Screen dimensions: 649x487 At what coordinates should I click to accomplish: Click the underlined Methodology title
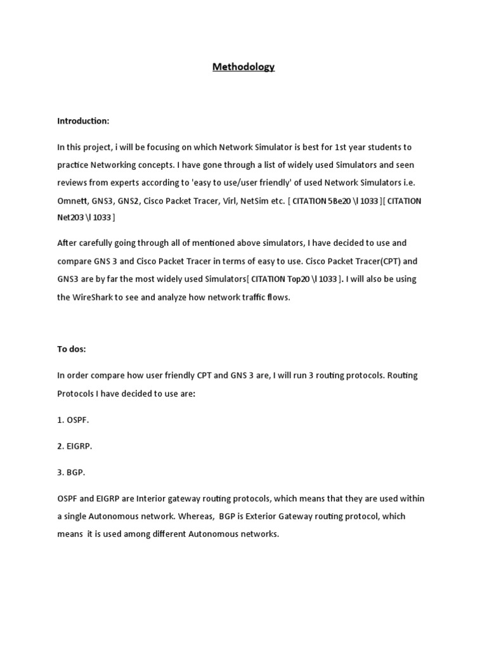click(x=243, y=67)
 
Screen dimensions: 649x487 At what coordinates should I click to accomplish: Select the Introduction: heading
click(x=83, y=120)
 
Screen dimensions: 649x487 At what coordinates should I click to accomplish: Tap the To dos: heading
click(x=72, y=349)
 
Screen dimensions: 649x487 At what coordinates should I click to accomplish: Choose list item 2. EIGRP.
click(x=75, y=446)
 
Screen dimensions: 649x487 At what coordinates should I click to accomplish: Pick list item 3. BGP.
click(x=71, y=472)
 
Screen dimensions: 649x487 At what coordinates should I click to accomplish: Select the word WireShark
click(x=93, y=297)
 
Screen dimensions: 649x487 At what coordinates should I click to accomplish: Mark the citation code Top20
click(x=295, y=279)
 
